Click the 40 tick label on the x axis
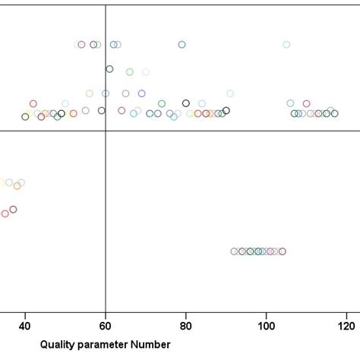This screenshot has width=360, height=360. (x=24, y=327)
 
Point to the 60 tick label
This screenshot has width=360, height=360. (x=105, y=327)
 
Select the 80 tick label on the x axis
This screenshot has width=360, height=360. (x=186, y=327)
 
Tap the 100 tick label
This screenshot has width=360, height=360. (x=267, y=327)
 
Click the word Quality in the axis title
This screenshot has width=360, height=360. (x=57, y=345)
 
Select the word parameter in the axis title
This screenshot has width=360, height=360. (x=104, y=345)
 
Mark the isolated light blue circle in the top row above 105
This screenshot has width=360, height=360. (x=286, y=44)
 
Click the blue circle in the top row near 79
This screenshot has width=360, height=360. (x=182, y=44)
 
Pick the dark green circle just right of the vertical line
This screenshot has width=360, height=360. (x=109, y=68)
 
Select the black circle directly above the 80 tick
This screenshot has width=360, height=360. (x=186, y=103)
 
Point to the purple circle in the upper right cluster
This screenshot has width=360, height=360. (x=307, y=103)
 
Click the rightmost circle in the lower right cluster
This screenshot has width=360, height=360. (x=283, y=251)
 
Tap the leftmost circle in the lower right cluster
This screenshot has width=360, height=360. (x=234, y=251)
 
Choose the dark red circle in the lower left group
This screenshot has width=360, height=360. (x=13, y=210)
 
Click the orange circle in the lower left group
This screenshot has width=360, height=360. (x=17, y=185)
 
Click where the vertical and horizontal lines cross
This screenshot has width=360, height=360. (x=105, y=131)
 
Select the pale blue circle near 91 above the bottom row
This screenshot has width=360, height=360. (x=230, y=93)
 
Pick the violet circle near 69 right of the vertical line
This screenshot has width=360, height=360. (x=141, y=93)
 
